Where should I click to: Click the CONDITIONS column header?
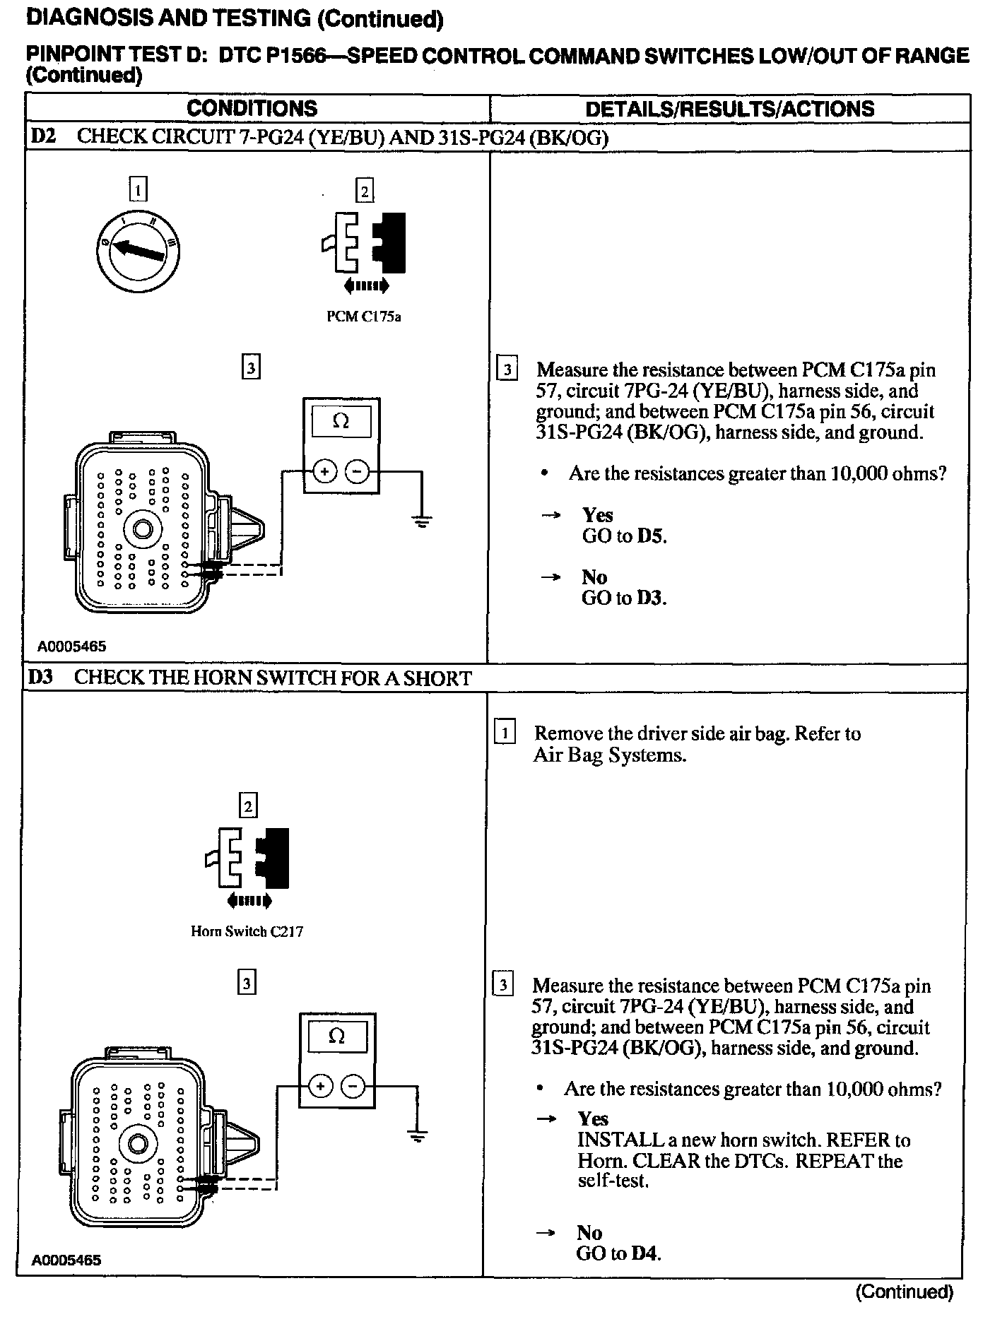click(x=252, y=109)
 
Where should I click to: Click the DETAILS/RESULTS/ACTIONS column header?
click(x=729, y=109)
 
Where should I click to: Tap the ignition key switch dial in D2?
click(x=138, y=248)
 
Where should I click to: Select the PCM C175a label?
click(x=363, y=317)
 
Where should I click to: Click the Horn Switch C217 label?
click(x=247, y=931)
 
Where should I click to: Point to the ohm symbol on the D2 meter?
click(x=341, y=422)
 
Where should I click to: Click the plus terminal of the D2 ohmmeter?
click(x=324, y=471)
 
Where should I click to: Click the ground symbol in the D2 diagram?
click(x=422, y=522)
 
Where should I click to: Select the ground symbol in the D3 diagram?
click(x=418, y=1137)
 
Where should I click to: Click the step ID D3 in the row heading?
click(x=41, y=678)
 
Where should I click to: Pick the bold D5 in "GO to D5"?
click(x=651, y=536)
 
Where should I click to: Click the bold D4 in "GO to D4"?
click(x=646, y=1254)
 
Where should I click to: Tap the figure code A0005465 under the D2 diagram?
click(x=71, y=646)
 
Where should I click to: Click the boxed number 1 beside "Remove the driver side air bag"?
click(x=504, y=733)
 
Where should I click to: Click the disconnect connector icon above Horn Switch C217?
click(x=247, y=856)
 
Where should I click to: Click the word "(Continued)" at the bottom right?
click(x=904, y=1292)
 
